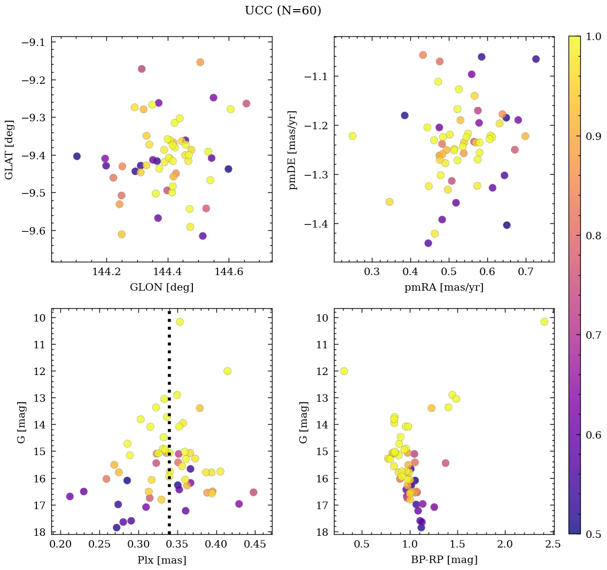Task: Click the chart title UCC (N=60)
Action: [283, 11]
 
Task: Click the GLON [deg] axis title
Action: [161, 287]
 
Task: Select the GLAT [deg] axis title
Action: [10, 149]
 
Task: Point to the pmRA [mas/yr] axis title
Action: [444, 287]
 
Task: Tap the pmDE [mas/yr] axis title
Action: [292, 150]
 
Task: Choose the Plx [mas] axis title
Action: [161, 560]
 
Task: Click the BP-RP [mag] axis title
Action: [444, 560]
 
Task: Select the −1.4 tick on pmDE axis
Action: [317, 224]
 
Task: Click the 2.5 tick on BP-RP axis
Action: [553, 545]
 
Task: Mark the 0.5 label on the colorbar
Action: [593, 534]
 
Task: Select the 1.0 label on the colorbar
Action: [593, 36]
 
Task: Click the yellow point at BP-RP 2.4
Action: [544, 322]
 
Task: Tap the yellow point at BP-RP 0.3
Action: [344, 371]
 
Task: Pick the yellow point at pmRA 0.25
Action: [352, 136]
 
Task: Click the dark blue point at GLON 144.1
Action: [77, 156]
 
